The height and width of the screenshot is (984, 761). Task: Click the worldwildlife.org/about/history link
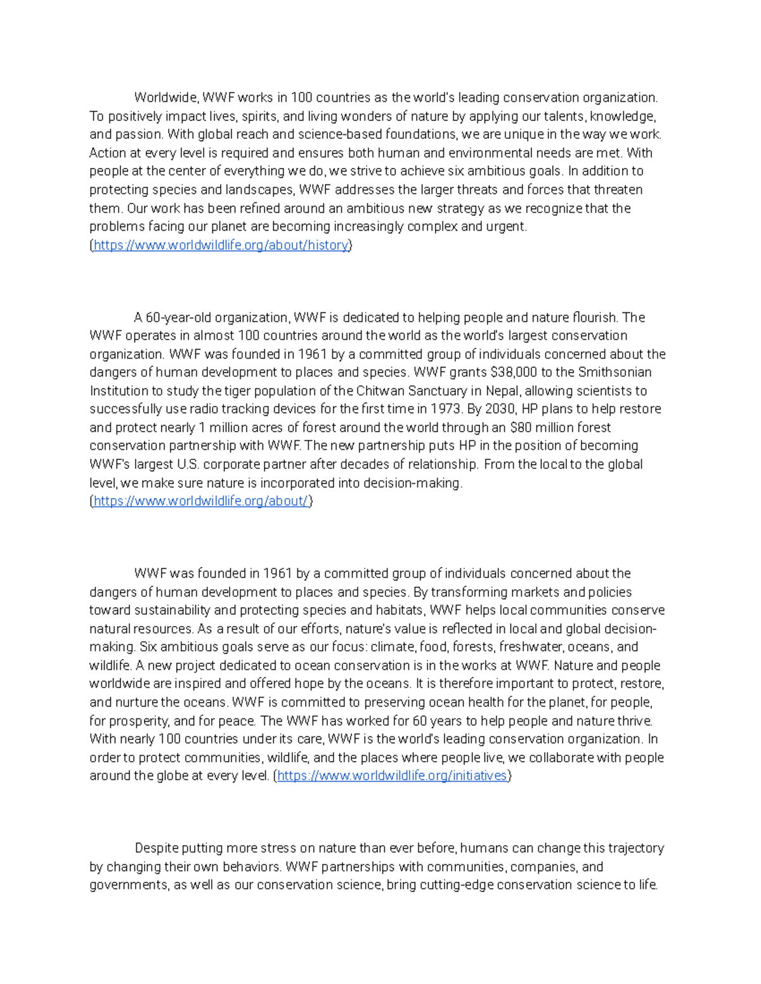[221, 245]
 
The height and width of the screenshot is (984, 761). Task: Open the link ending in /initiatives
[392, 776]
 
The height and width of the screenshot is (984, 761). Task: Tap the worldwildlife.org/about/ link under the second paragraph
[200, 501]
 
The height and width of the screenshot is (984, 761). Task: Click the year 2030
[501, 409]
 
